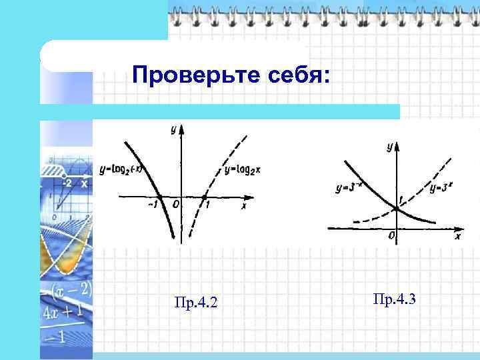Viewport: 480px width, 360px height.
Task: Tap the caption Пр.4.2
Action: click(x=195, y=304)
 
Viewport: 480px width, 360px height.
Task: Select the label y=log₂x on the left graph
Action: click(x=242, y=171)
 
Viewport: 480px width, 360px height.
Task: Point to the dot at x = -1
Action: click(x=159, y=197)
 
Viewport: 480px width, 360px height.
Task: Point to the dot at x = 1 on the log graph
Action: click(x=204, y=197)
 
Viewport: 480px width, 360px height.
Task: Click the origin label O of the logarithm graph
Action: click(x=176, y=206)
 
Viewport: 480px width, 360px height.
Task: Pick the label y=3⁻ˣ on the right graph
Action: click(x=349, y=189)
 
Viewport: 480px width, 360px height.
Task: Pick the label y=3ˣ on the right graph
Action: click(x=442, y=189)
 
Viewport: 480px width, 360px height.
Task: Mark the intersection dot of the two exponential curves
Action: click(x=396, y=209)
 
